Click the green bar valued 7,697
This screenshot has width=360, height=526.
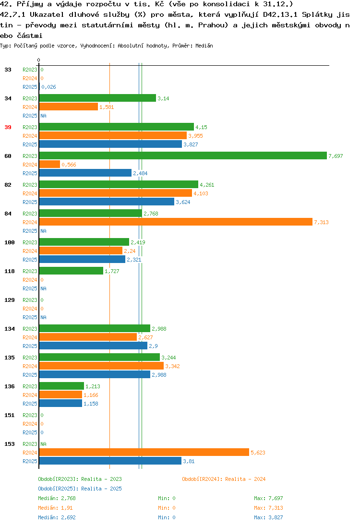click(x=183, y=155)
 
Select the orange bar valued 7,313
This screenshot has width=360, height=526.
click(x=176, y=222)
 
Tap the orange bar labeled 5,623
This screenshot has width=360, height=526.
click(x=144, y=452)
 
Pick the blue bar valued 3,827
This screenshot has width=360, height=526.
click(x=110, y=144)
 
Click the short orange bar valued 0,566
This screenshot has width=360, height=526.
click(x=49, y=164)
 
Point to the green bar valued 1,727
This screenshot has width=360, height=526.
click(x=71, y=271)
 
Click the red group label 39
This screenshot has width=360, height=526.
click(x=8, y=127)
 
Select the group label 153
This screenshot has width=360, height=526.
click(x=10, y=444)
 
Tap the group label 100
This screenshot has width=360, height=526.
click(x=10, y=242)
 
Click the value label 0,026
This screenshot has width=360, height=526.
click(x=48, y=87)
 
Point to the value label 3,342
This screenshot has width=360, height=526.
click(x=172, y=366)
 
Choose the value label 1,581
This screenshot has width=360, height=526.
click(x=107, y=107)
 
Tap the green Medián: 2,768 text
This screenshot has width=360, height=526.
click(x=57, y=498)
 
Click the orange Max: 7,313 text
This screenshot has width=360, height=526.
click(x=268, y=508)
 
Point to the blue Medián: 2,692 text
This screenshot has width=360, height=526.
click(x=57, y=517)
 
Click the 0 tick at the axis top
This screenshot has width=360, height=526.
click(x=38, y=60)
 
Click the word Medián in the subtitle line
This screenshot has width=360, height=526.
click(x=204, y=46)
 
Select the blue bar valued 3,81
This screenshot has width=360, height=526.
click(x=110, y=461)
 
